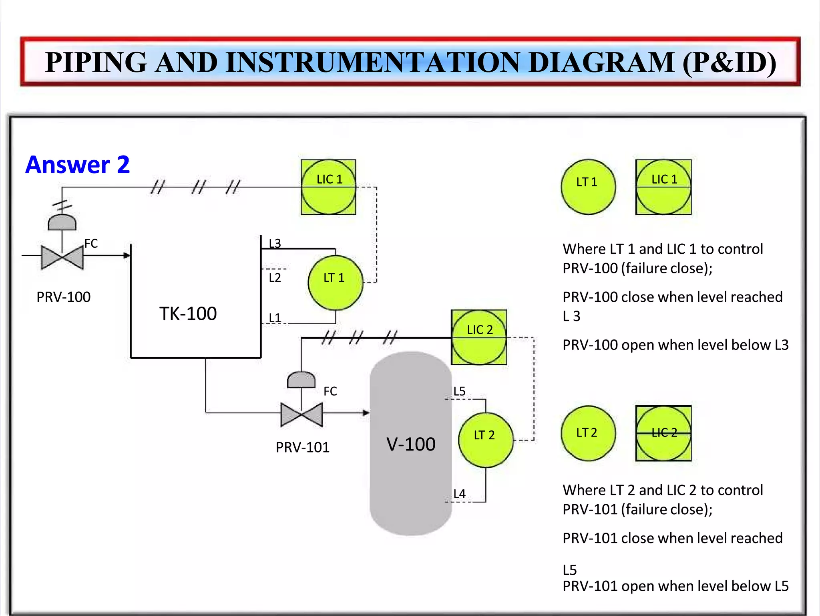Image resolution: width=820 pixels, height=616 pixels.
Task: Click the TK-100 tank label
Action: pos(188,313)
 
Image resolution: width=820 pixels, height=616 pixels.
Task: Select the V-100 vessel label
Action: pos(411,444)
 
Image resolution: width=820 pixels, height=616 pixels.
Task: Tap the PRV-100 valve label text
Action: pos(63,297)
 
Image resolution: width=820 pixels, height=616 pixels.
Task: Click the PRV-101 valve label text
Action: pos(302,447)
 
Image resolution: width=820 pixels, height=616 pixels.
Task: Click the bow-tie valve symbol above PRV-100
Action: pos(62,257)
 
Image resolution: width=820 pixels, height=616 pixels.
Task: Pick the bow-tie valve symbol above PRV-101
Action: pos(301,414)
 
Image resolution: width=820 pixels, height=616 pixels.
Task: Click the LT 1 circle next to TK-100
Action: pos(335,283)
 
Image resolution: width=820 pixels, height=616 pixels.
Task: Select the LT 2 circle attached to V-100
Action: pos(485,440)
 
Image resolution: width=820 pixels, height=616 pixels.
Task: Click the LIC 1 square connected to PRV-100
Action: pos(328,187)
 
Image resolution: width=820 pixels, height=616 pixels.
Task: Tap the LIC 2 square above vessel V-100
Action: pos(479,337)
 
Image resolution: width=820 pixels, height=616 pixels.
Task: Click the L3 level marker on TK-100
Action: pos(275,243)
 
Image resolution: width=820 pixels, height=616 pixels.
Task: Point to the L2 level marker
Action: pos(275,277)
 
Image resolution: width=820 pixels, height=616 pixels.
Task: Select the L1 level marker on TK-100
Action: pos(275,318)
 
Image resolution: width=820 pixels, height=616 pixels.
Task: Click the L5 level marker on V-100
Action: pos(459,391)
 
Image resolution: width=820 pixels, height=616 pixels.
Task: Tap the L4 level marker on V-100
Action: pos(459,494)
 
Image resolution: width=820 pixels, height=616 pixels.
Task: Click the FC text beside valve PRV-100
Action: pos(91,243)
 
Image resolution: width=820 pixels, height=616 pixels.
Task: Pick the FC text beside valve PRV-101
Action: pos(330,391)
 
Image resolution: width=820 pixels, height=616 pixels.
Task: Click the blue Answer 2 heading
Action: pos(78,165)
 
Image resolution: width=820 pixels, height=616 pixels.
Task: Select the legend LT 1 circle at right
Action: pos(588,187)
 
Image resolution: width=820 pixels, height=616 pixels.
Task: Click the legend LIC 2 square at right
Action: pos(663,433)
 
